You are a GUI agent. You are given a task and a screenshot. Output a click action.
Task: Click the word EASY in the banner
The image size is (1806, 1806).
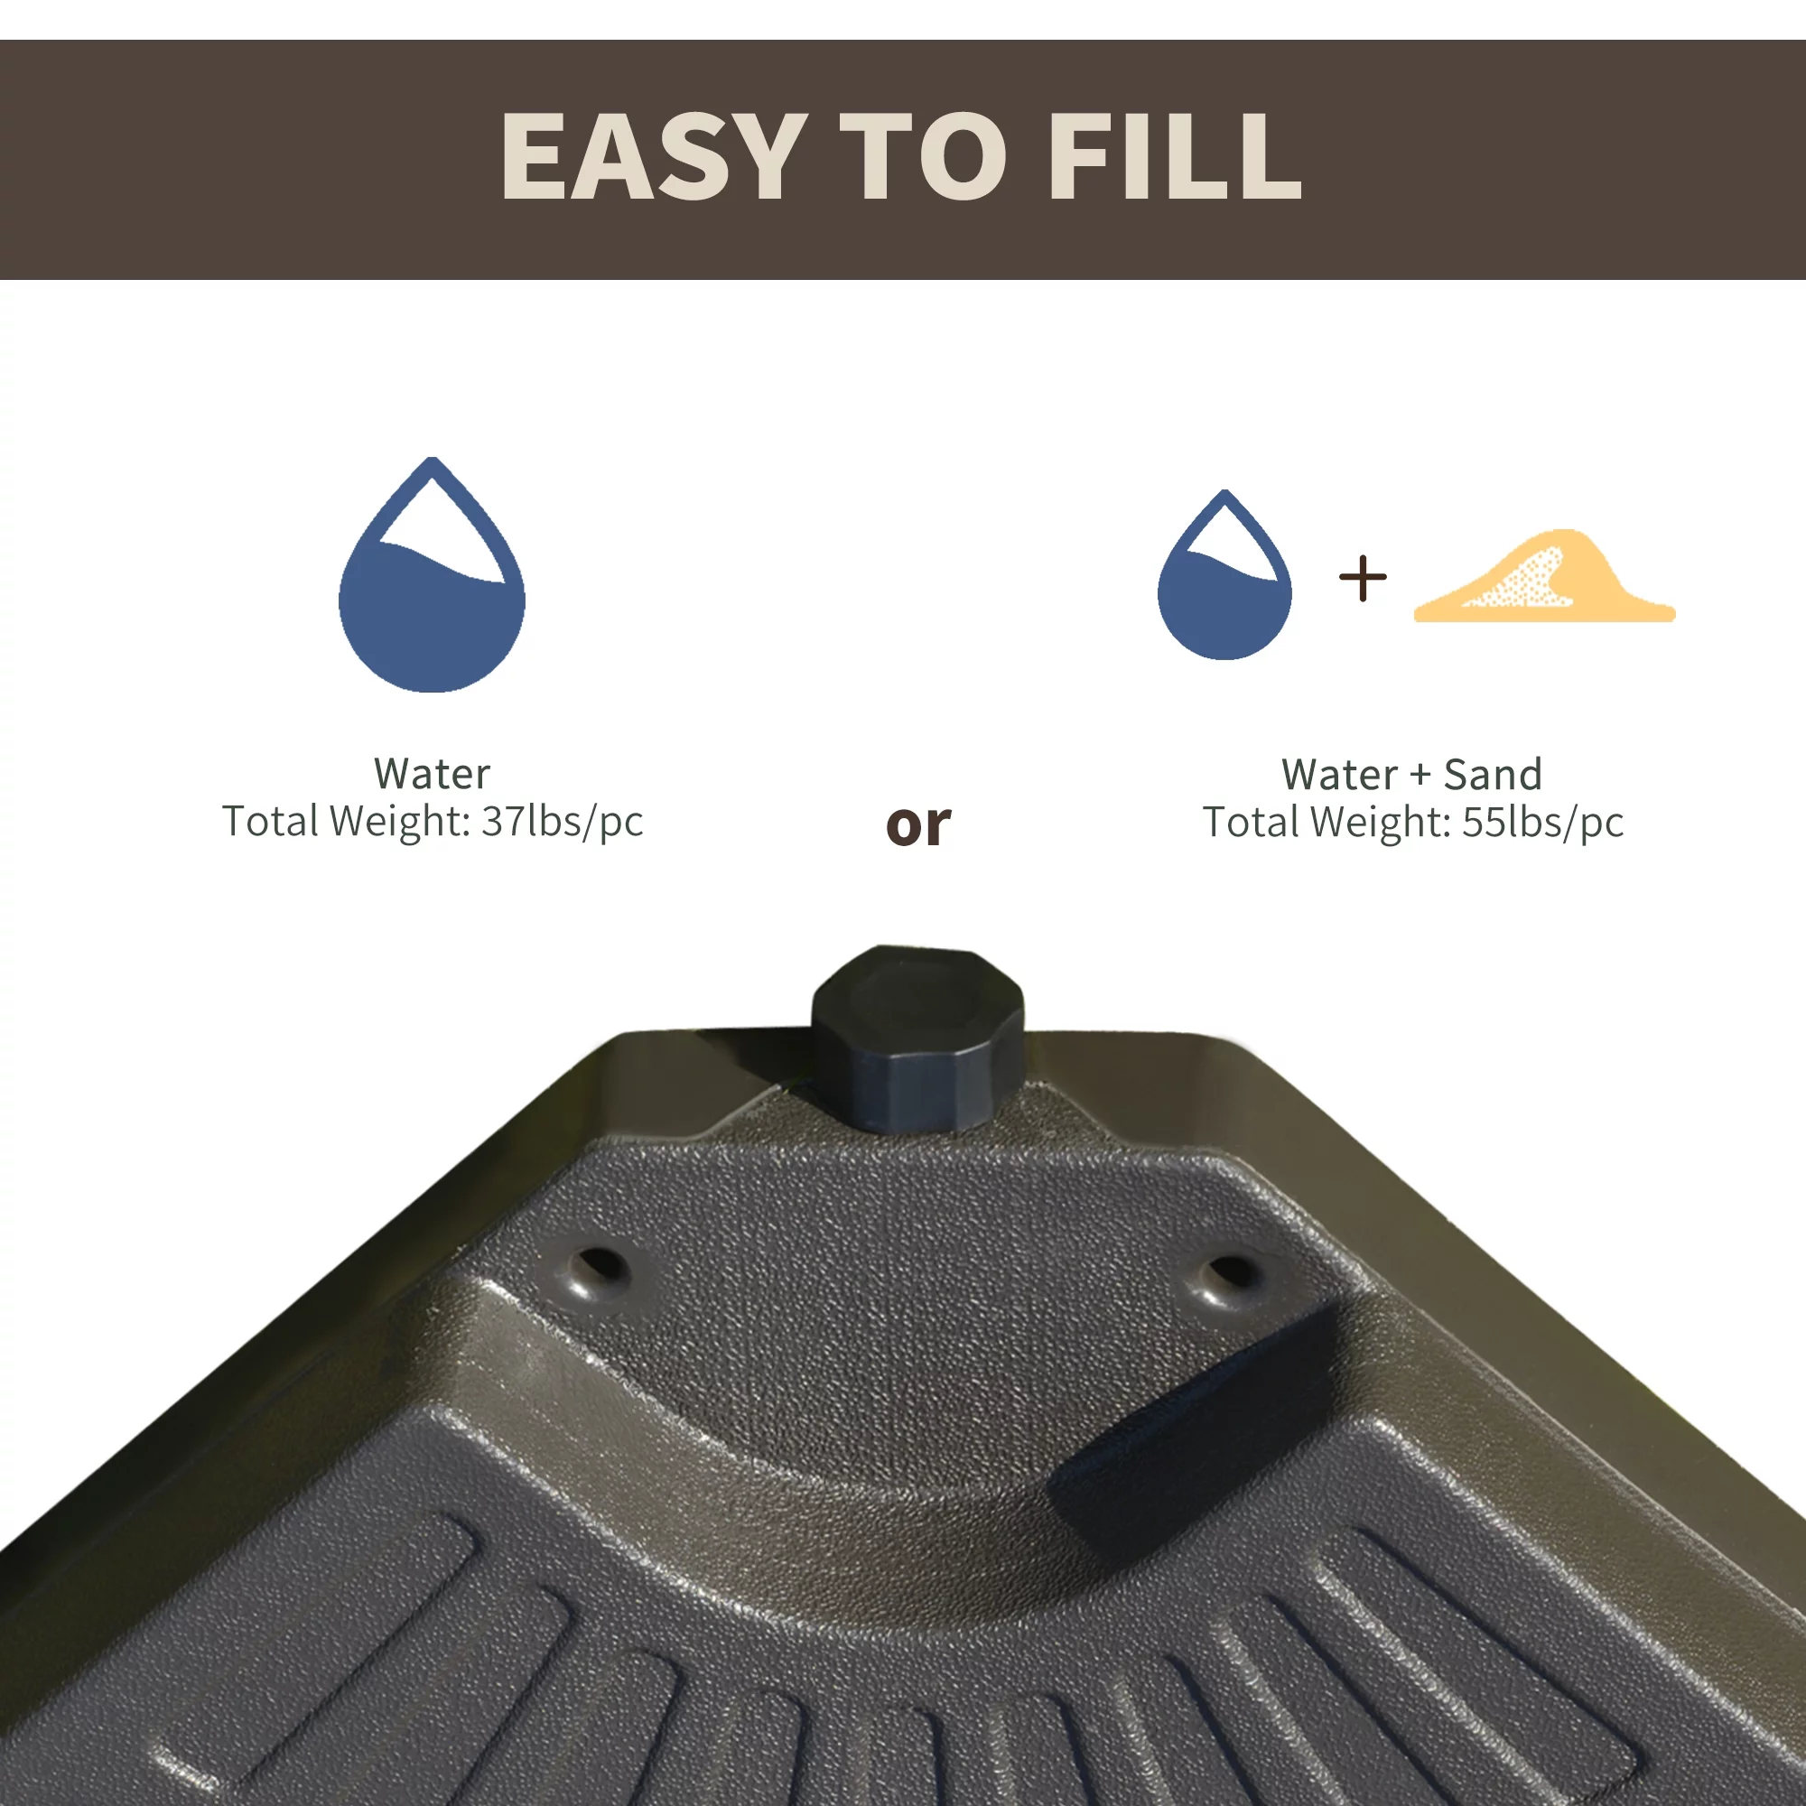pyautogui.click(x=654, y=156)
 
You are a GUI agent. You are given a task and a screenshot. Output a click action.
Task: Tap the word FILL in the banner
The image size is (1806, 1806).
pyautogui.click(x=1174, y=156)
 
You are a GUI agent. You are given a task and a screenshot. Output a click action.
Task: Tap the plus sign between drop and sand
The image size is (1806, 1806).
pyautogui.click(x=1362, y=578)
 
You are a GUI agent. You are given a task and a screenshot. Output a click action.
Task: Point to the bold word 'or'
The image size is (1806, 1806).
pyautogui.click(x=918, y=825)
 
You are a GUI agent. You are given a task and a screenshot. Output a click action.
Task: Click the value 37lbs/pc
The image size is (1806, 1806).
pyautogui.click(x=562, y=822)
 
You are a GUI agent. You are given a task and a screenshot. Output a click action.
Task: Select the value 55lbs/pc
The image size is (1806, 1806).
pyautogui.click(x=1542, y=823)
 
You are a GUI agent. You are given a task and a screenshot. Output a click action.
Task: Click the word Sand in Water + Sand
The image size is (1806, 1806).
pyautogui.click(x=1492, y=774)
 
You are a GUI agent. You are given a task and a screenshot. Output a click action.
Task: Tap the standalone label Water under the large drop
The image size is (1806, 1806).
pyautogui.click(x=432, y=773)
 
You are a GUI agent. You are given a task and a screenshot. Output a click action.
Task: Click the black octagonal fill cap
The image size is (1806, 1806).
pyautogui.click(x=917, y=1038)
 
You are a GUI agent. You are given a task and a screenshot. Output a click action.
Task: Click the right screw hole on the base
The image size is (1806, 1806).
pyautogui.click(x=1228, y=1274)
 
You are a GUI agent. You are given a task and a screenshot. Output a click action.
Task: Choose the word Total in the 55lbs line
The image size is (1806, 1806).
pyautogui.click(x=1250, y=823)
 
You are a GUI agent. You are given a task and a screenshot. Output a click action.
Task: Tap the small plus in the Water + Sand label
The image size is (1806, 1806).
pyautogui.click(x=1420, y=775)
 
